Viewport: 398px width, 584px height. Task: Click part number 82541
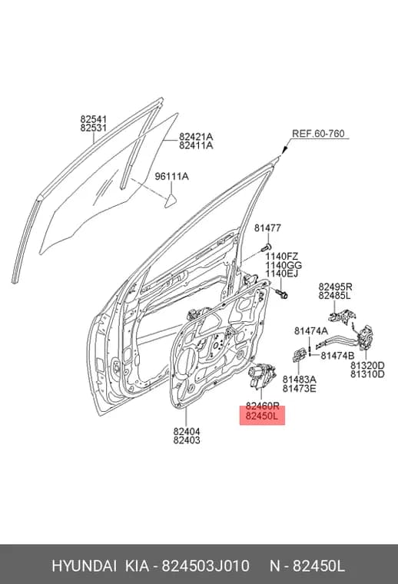(x=94, y=120)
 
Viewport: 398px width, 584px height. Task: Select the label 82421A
(x=196, y=136)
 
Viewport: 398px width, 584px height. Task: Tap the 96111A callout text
(x=171, y=176)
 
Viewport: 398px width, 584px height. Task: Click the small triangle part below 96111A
(x=171, y=201)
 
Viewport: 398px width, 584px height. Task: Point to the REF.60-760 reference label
(x=318, y=134)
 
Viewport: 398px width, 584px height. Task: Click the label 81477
(x=267, y=228)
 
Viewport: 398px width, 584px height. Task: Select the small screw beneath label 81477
(x=266, y=247)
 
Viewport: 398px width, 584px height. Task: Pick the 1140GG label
(x=284, y=266)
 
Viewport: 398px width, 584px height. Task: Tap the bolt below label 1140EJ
(x=282, y=294)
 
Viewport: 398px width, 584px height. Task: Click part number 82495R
(x=335, y=287)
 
